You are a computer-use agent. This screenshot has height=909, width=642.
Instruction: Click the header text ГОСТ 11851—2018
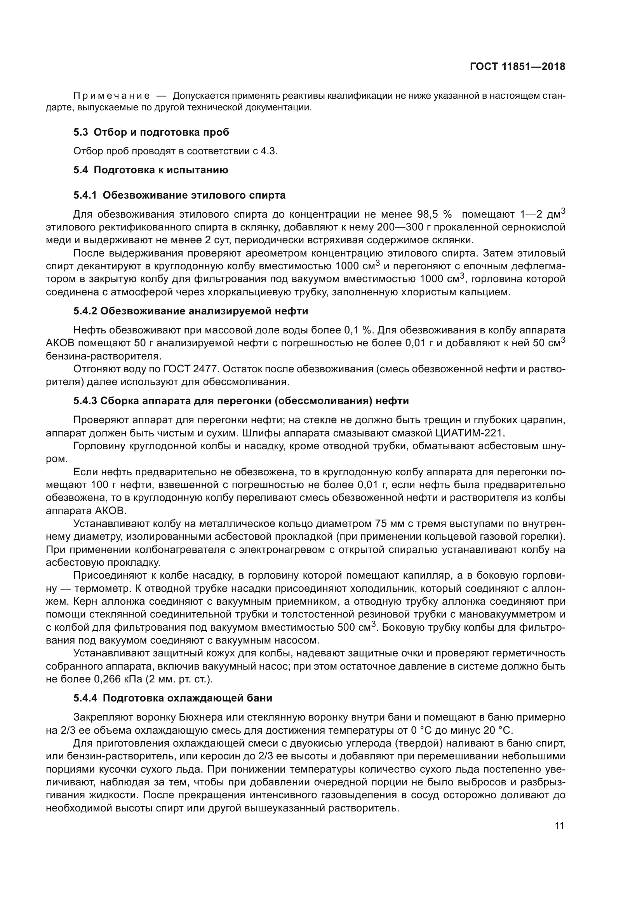[x=517, y=67]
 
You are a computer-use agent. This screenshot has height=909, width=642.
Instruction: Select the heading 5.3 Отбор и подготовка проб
[x=151, y=133]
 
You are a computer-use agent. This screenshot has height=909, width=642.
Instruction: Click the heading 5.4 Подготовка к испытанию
[x=151, y=170]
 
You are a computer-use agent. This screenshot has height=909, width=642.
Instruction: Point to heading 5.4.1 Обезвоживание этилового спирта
[x=179, y=195]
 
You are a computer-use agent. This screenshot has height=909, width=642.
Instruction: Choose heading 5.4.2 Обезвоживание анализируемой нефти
[x=191, y=311]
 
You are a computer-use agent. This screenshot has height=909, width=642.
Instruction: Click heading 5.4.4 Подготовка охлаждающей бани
[x=173, y=698]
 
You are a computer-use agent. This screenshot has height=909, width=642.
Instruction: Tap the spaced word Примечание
[x=111, y=96]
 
